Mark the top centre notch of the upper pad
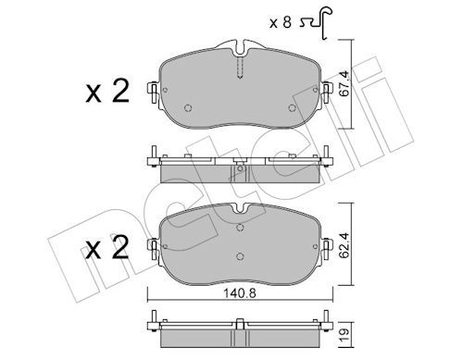click(x=239, y=46)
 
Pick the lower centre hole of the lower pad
click(x=239, y=256)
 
